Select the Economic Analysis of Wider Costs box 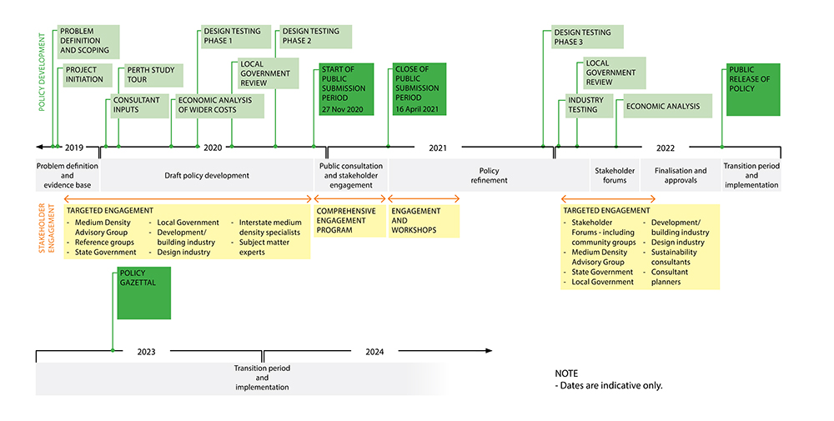point(219,106)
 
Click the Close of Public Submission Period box point(419,88)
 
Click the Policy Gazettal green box point(143,293)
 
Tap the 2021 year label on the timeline point(438,148)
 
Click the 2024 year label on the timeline point(374,352)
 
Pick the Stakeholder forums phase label point(615,176)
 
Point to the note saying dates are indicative point(608,380)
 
